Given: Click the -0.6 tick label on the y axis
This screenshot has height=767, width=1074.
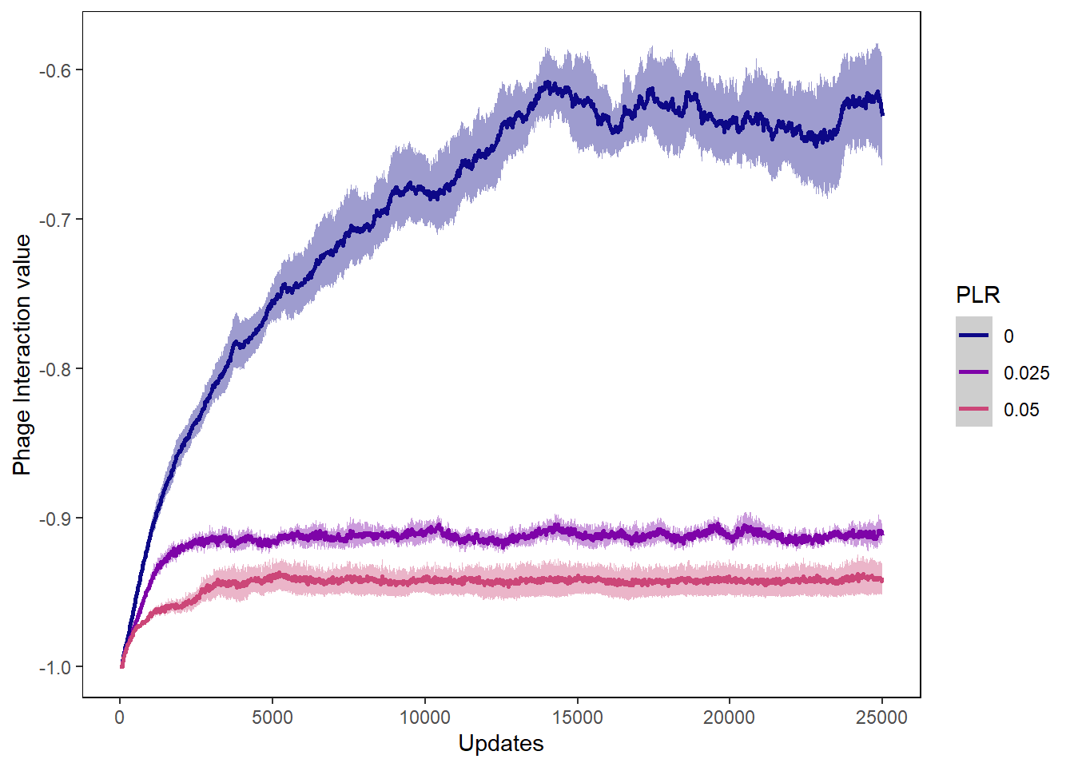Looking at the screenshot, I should (x=54, y=70).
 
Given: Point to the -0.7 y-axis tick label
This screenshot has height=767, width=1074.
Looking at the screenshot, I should (x=54, y=220).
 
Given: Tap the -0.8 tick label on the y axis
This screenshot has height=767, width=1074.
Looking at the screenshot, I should (x=54, y=369).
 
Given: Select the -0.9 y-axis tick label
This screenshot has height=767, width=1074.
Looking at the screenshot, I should (x=54, y=519).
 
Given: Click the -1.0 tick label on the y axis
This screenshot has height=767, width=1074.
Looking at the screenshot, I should (x=54, y=668).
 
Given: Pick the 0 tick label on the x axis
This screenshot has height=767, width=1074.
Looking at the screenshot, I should (x=120, y=717).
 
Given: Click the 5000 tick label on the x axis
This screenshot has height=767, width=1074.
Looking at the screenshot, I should (x=272, y=717).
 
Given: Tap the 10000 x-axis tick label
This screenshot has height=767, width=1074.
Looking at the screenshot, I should (x=425, y=717).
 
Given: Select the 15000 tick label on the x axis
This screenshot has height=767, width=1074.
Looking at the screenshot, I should (x=577, y=717).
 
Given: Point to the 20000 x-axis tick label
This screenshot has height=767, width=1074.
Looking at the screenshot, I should (x=730, y=717).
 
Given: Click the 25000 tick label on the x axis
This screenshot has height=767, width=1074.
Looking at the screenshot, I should (x=881, y=717).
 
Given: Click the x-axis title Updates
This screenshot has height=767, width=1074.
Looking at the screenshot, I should (x=501, y=744).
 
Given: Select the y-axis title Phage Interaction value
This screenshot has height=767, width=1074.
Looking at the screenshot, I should (x=22, y=355).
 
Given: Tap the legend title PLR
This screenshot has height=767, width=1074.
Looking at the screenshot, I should (x=977, y=296).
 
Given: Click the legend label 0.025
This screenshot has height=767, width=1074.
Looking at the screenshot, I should (x=1026, y=373).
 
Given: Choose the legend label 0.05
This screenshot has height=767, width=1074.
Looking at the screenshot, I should (x=1021, y=410).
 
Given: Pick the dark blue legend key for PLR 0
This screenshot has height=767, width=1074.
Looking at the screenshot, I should (x=973, y=336).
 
